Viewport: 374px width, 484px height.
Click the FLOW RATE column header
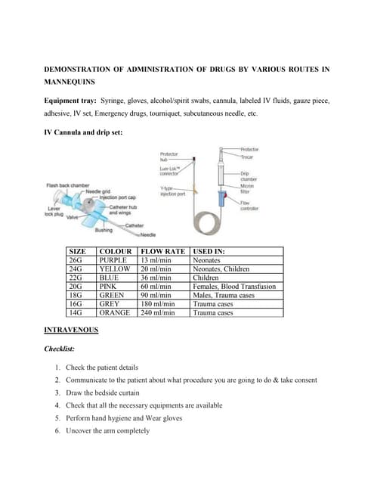coord(162,251)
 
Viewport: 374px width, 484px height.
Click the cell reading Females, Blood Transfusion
coord(234,286)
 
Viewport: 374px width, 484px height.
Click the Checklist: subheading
coord(65,349)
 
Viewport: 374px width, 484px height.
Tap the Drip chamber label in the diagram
coord(250,176)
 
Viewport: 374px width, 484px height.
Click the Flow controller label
coord(250,205)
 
